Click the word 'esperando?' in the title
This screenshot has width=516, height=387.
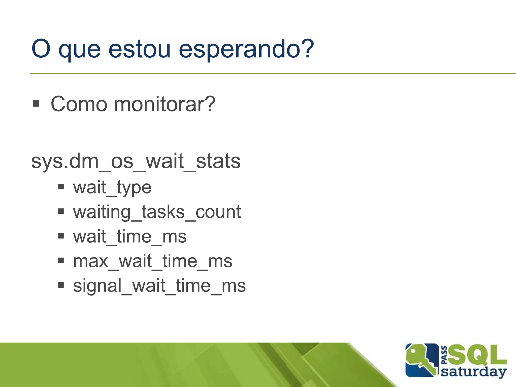tap(246, 49)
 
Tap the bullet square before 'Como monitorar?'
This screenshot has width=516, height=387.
tap(36, 104)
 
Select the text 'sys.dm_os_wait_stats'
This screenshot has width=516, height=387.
tap(136, 161)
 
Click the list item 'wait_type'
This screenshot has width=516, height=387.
tap(112, 187)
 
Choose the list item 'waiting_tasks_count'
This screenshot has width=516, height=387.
tap(157, 212)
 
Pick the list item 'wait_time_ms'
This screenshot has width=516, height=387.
tap(130, 237)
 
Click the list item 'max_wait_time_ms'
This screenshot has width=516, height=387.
tap(152, 261)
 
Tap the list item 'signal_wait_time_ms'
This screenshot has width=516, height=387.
tap(159, 286)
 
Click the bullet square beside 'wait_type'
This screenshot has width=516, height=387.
tap(61, 187)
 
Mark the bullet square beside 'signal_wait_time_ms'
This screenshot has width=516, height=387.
tap(61, 285)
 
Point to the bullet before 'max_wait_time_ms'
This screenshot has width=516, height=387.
tap(61, 260)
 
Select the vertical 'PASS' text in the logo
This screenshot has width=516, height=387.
tap(444, 355)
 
